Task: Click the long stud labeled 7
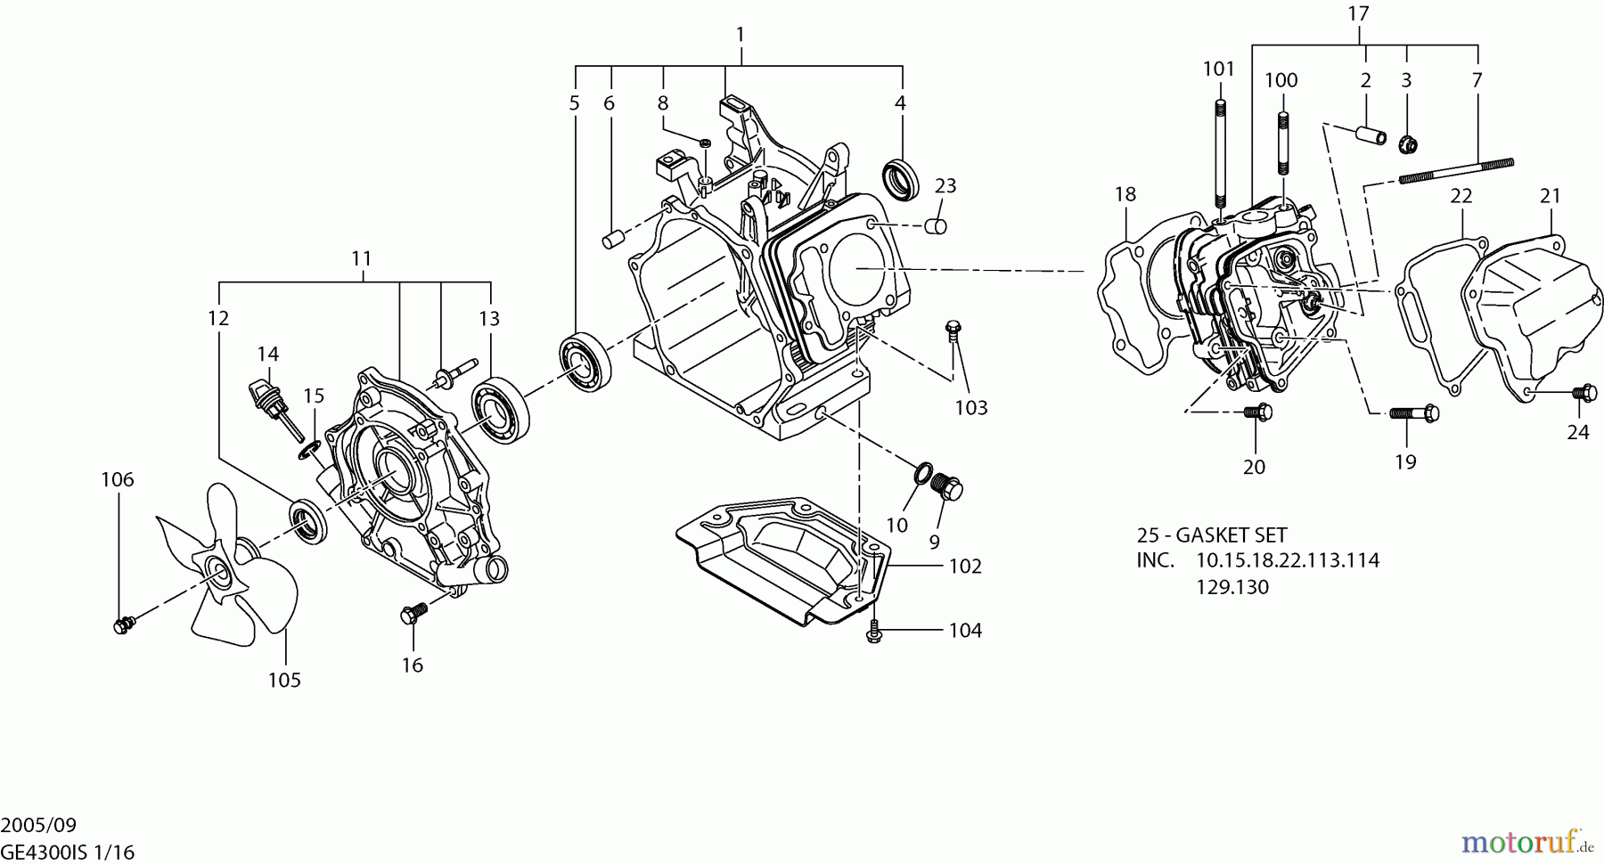click(x=1456, y=170)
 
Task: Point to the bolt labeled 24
click(x=1584, y=392)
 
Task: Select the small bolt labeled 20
click(x=1257, y=412)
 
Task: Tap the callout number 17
click(x=1358, y=14)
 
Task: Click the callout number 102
click(x=965, y=566)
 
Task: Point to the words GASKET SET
click(x=1232, y=535)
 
